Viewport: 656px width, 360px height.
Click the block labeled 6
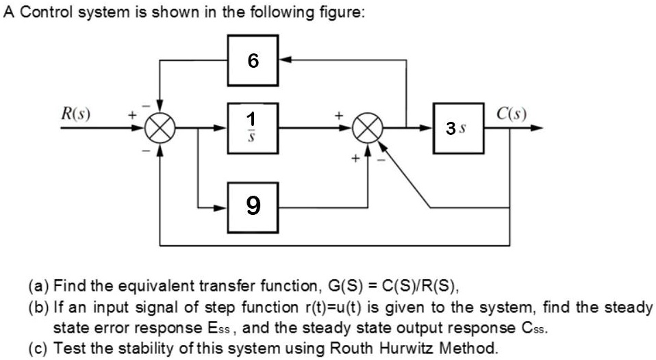click(253, 60)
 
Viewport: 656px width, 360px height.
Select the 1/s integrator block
click(253, 128)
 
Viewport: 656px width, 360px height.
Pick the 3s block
click(459, 128)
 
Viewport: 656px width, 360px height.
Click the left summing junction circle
click(160, 128)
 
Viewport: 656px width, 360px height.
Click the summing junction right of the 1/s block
click(368, 128)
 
